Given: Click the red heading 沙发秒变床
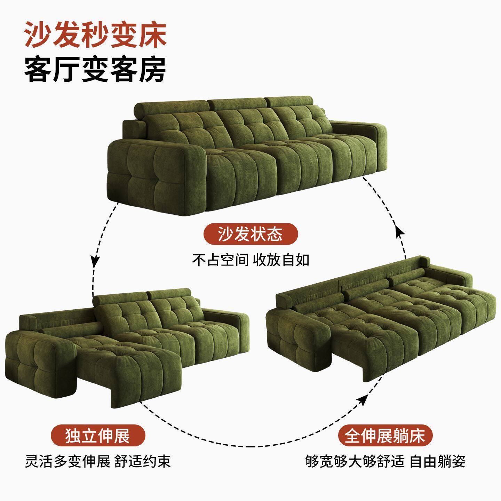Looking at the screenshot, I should pos(95,35).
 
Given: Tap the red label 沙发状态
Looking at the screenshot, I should pos(250,233).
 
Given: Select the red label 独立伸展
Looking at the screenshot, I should pos(98,436).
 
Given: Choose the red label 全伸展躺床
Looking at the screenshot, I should pos(385,436).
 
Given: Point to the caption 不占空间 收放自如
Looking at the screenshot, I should pos(250,260).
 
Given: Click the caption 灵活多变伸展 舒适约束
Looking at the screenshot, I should pos(98,461).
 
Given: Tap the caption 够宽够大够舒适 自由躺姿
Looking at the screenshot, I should pos(385,461).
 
